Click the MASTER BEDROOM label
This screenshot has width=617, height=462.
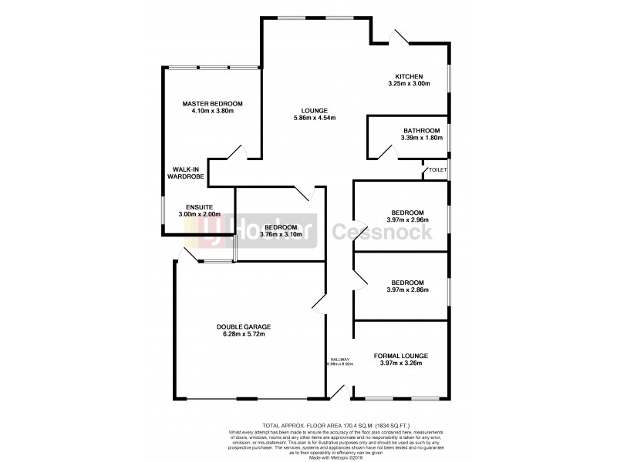(212, 103)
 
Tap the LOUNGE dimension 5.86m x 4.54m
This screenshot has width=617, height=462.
(315, 118)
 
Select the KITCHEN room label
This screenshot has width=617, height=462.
(409, 75)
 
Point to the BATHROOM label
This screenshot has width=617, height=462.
(420, 130)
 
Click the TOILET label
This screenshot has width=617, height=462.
(437, 169)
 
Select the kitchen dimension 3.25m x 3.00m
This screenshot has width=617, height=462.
(409, 84)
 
